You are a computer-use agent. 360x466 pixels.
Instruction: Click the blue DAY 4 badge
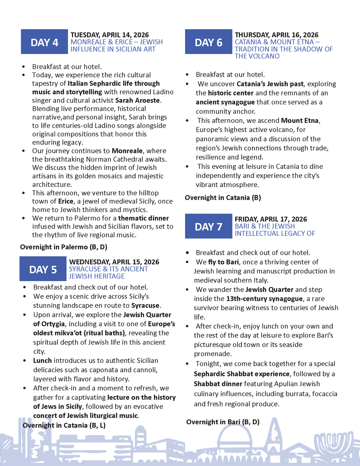(44, 42)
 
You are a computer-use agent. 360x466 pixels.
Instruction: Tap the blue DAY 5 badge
(43, 269)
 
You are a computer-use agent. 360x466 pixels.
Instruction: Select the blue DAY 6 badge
(208, 42)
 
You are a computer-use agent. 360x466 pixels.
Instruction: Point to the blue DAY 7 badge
(208, 226)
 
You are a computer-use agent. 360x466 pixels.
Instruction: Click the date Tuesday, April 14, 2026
(109, 35)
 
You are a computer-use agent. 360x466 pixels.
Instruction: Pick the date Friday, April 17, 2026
(271, 219)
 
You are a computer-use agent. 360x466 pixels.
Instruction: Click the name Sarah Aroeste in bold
(138, 100)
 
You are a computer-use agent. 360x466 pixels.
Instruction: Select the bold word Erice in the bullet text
(66, 201)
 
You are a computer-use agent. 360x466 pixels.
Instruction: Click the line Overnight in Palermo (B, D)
(64, 247)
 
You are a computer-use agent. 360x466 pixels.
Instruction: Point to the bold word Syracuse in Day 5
(145, 305)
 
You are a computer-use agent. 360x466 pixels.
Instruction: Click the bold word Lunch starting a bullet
(42, 360)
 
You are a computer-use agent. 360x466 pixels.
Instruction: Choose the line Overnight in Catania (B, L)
(64, 425)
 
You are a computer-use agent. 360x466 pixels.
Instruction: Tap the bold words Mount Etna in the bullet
(300, 120)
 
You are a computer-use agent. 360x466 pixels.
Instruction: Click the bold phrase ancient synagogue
(225, 102)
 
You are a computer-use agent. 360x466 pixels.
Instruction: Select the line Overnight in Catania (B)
(223, 198)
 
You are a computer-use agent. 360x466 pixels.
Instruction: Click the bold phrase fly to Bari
(223, 262)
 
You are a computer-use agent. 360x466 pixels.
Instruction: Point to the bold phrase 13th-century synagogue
(264, 299)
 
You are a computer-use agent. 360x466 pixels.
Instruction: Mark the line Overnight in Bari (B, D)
(223, 422)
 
